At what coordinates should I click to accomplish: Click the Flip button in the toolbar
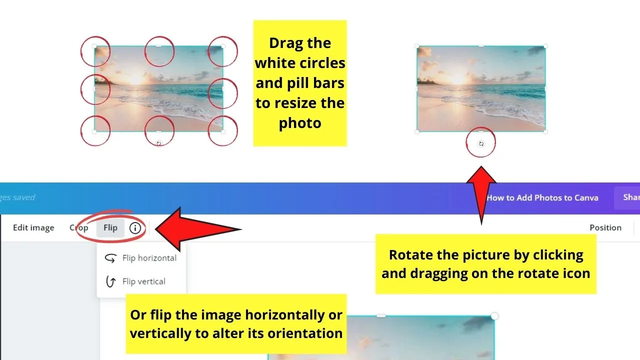110,227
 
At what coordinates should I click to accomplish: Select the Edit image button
33,227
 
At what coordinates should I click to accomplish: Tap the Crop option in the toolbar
79,227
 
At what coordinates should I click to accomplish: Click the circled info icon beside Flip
135,227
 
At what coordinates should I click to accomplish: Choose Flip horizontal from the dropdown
149,258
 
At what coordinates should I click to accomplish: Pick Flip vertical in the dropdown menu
143,281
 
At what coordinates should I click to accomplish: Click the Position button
605,227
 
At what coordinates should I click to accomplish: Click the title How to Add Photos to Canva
542,197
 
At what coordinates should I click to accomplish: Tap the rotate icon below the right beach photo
481,143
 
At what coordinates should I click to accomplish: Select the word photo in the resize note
300,123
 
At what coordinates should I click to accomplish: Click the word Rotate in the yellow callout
411,255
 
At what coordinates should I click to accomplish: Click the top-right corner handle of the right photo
545,46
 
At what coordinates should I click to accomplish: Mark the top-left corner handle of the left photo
94,46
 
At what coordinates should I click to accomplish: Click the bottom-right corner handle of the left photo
223,131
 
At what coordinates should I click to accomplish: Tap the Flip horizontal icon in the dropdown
110,258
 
